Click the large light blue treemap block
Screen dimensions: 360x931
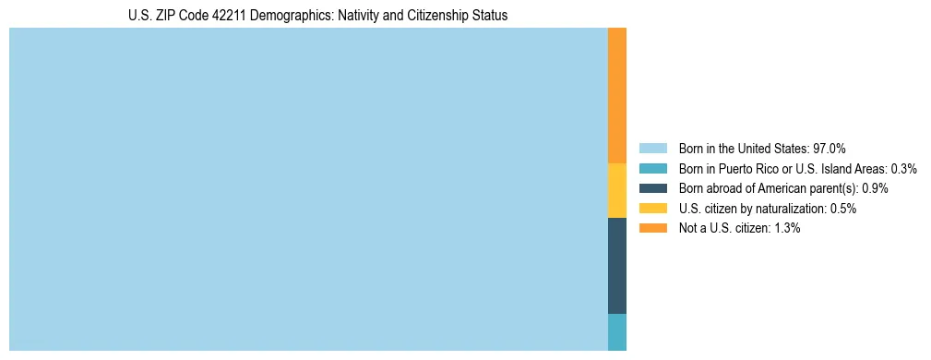click(308, 189)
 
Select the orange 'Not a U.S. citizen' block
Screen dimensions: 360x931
click(616, 95)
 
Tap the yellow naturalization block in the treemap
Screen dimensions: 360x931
click(616, 190)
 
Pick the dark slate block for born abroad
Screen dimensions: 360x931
click(616, 266)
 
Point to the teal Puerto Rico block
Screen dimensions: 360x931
click(616, 332)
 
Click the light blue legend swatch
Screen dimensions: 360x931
click(652, 148)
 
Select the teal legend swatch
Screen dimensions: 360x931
click(652, 168)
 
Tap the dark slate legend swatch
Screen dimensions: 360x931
click(652, 188)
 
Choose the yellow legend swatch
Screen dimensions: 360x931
click(652, 209)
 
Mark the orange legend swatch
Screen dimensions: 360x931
click(652, 228)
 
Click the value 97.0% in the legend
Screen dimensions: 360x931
click(829, 148)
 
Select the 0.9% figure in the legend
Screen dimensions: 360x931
click(875, 188)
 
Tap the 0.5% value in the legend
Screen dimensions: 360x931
click(842, 209)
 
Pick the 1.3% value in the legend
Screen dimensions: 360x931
click(786, 228)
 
